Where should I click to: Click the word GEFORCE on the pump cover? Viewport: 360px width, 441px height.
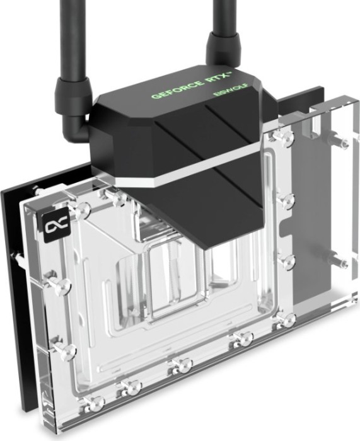(x=178, y=89)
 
